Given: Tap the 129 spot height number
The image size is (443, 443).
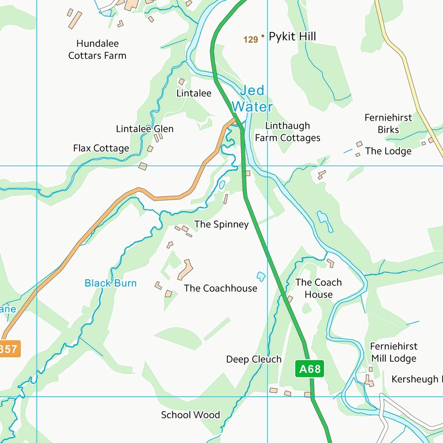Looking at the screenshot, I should [x=250, y=40].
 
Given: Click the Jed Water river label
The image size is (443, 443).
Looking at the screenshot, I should [x=252, y=99].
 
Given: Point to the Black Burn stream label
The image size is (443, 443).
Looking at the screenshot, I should [x=110, y=283].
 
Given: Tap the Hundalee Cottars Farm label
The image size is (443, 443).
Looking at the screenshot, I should [x=97, y=50].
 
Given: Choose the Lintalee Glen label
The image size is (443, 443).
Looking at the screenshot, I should [x=144, y=129].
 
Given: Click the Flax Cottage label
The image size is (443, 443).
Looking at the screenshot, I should [x=101, y=148].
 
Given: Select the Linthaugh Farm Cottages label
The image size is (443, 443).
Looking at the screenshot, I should [x=287, y=132].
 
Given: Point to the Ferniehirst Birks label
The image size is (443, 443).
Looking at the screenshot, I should [x=388, y=123].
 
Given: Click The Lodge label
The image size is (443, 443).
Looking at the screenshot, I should [x=388, y=151].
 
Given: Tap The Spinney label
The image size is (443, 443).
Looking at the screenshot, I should [x=221, y=224].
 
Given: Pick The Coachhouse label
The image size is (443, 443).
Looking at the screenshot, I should [x=220, y=288].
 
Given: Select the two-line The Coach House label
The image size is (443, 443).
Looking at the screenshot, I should [x=318, y=288].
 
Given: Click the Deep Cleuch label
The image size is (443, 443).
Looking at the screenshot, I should [x=253, y=359].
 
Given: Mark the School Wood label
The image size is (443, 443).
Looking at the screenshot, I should [x=190, y=415].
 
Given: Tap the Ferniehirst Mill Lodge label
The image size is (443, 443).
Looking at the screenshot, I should [x=393, y=352].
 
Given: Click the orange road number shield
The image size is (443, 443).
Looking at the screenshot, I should [x=8, y=349].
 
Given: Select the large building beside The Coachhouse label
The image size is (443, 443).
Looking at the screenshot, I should [x=185, y=269].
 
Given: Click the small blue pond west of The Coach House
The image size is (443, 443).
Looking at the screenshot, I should [x=261, y=276].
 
